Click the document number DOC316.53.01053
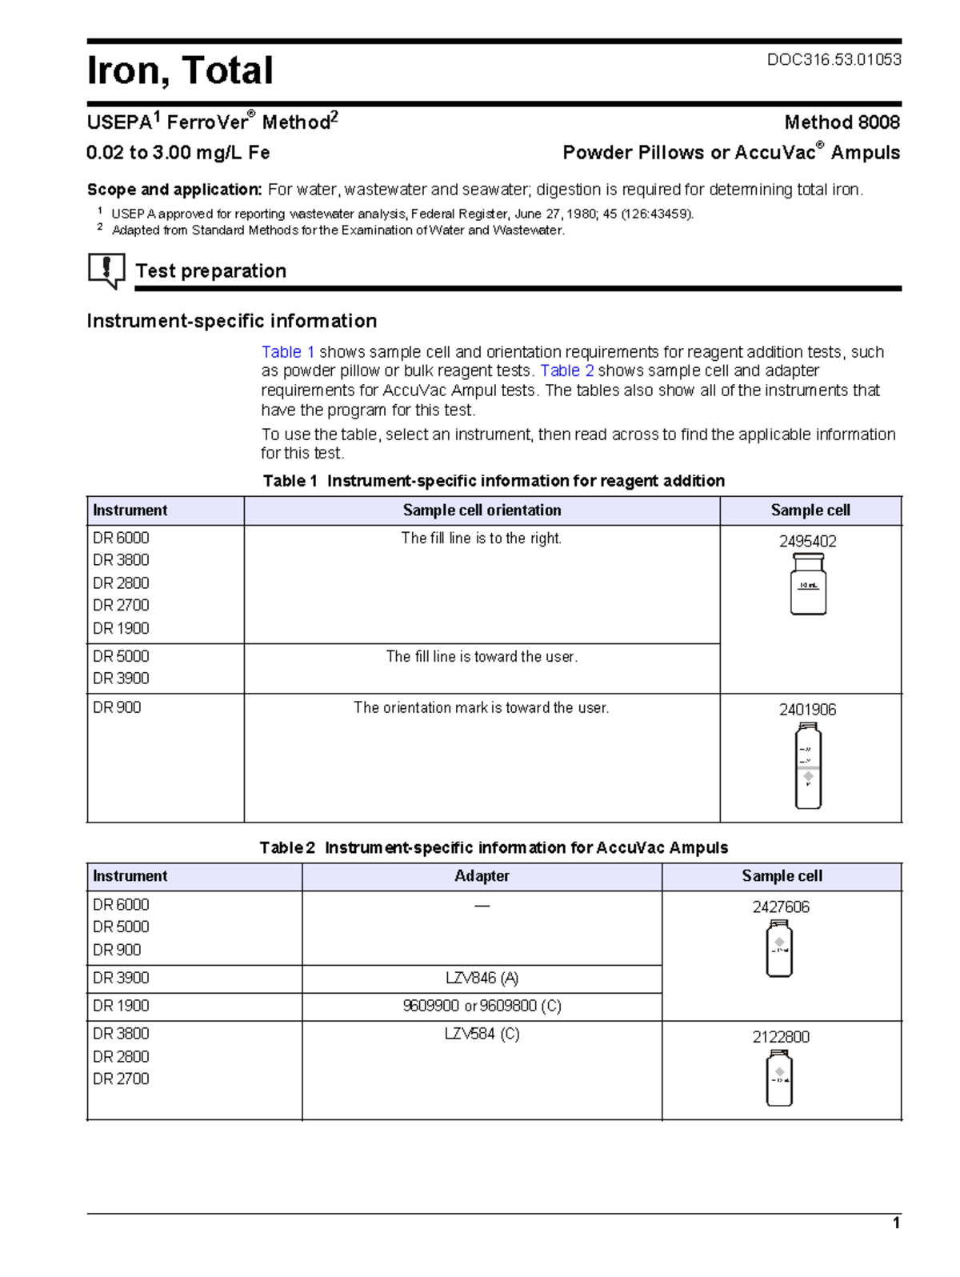coord(834,60)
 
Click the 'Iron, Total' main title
coord(180,70)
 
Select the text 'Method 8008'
coord(842,122)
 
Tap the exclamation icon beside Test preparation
coord(106,270)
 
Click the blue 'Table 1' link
coord(288,352)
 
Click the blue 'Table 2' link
coord(566,371)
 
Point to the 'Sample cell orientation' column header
coord(482,510)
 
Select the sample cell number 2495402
coord(807,542)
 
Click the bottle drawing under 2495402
coord(808,584)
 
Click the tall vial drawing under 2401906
coord(808,766)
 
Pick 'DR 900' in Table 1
coord(117,708)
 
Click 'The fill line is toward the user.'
coord(482,657)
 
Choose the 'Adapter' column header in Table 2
coord(482,876)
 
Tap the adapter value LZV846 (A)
coord(482,979)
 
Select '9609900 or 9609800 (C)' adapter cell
coord(482,1007)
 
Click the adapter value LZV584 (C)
coord(482,1035)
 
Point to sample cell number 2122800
coord(780,1038)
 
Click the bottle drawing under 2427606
coord(779,949)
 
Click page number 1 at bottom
coord(896,1223)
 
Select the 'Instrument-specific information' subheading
coord(231,322)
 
